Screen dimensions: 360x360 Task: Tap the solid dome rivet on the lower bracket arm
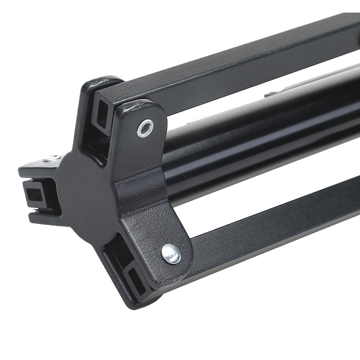point(171,254)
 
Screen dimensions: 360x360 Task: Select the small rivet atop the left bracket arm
point(51,158)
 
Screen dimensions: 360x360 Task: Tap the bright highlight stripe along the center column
point(265,112)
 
